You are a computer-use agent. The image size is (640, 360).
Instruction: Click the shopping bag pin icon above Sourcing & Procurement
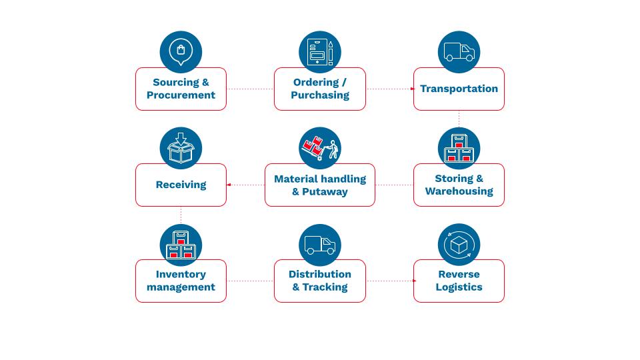(181, 52)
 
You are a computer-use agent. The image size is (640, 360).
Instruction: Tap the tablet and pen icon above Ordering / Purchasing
(320, 52)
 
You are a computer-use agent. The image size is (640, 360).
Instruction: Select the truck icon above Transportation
(459, 52)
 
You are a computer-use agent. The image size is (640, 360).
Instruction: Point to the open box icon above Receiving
(181, 148)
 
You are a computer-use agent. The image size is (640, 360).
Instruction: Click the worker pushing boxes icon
(320, 148)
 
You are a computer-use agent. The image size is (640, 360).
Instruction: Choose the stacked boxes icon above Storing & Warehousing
(459, 148)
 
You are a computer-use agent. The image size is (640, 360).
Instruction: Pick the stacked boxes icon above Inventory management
(181, 245)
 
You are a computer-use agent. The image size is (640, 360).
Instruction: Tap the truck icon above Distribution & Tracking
(320, 245)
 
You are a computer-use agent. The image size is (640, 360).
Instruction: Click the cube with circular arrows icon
(459, 245)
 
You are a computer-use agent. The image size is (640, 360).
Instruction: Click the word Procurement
(181, 95)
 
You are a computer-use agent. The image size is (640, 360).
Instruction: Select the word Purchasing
(320, 95)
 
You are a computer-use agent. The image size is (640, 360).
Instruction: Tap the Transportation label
(459, 89)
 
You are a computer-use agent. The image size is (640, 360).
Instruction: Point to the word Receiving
(181, 185)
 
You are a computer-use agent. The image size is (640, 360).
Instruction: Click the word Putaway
(325, 192)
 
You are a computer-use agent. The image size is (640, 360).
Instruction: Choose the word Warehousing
(459, 191)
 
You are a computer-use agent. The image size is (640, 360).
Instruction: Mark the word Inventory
(181, 274)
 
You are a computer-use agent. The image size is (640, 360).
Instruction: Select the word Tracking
(325, 287)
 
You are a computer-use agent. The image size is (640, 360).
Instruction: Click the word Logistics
(459, 287)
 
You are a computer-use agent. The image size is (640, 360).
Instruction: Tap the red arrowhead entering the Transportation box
(412, 89)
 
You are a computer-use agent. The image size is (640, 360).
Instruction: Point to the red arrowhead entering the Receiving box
(229, 185)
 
